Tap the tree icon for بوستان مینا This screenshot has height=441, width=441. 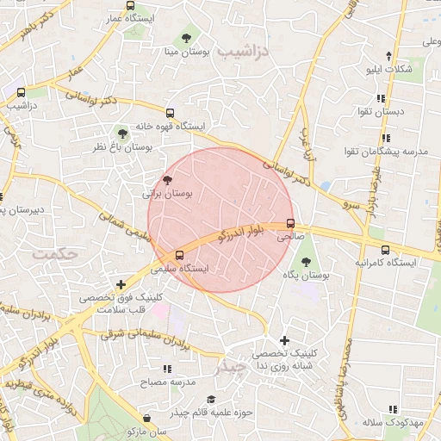click(x=187, y=37)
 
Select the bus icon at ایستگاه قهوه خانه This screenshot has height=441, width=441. click(x=170, y=113)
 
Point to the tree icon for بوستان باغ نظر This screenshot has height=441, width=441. click(x=123, y=134)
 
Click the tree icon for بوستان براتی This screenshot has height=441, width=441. click(x=166, y=181)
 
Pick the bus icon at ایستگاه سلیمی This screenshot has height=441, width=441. click(x=179, y=255)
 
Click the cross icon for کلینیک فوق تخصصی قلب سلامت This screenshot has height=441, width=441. click(x=121, y=284)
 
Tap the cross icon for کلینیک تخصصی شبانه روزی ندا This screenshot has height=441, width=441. click(x=284, y=340)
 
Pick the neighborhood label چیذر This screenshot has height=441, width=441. click(x=229, y=367)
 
